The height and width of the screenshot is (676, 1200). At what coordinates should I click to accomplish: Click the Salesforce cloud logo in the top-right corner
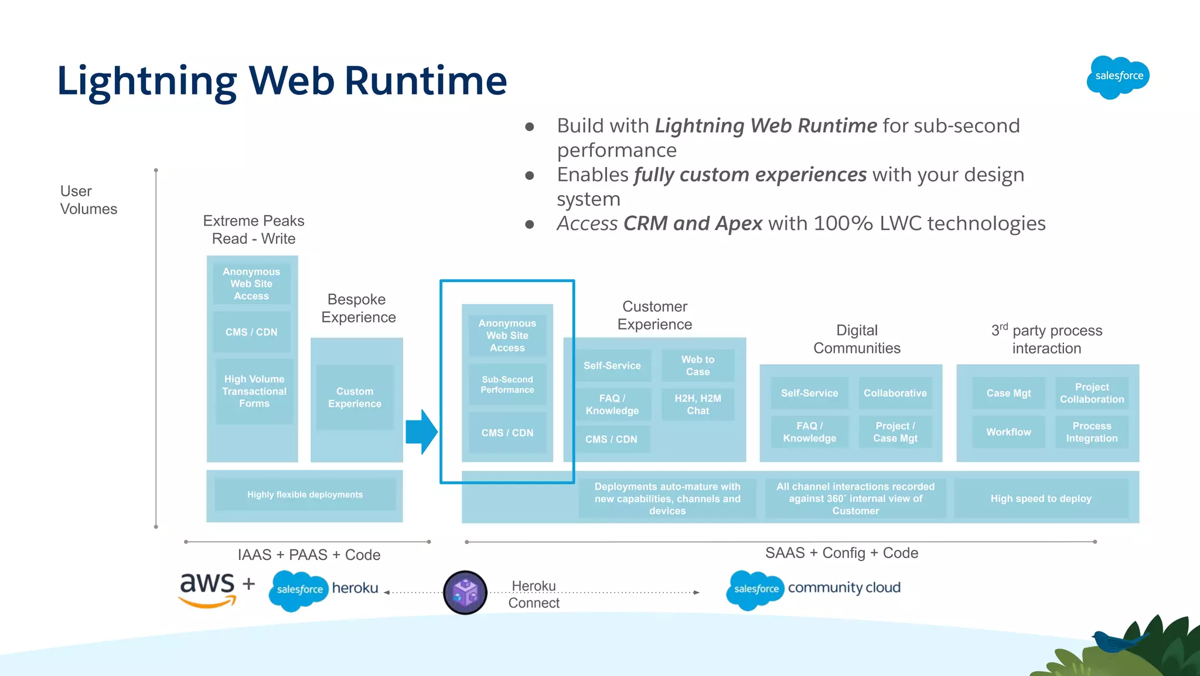(x=1118, y=77)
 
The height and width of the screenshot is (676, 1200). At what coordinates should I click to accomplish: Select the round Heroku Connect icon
(x=465, y=592)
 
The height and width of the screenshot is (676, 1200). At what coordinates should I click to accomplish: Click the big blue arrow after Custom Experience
(x=421, y=432)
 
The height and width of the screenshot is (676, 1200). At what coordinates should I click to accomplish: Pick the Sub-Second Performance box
(x=507, y=385)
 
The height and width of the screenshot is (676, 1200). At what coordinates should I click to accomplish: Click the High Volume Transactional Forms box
(x=254, y=391)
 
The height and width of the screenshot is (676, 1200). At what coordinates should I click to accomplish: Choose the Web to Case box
(x=697, y=365)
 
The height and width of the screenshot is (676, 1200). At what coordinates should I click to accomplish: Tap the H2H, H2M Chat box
(x=697, y=405)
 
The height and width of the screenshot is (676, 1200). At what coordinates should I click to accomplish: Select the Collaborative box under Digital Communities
(x=895, y=393)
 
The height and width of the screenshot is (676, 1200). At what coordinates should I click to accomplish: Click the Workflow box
(x=1008, y=432)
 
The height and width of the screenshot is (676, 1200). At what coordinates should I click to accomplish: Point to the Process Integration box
(x=1091, y=432)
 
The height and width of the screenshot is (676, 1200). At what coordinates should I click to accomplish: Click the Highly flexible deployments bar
(x=305, y=495)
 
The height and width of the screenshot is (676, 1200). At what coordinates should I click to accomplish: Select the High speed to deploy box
(x=1041, y=499)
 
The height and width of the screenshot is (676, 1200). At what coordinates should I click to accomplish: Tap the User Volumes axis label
(x=88, y=200)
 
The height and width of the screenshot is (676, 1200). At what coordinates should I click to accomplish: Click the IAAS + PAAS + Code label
(x=309, y=555)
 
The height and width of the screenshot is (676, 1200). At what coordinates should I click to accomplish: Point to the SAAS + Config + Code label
(x=841, y=553)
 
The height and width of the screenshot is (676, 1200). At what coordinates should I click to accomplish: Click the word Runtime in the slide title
(x=425, y=80)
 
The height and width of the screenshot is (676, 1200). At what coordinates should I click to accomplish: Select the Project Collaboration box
(x=1091, y=393)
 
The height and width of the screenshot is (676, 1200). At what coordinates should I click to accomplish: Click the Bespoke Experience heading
(x=358, y=308)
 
